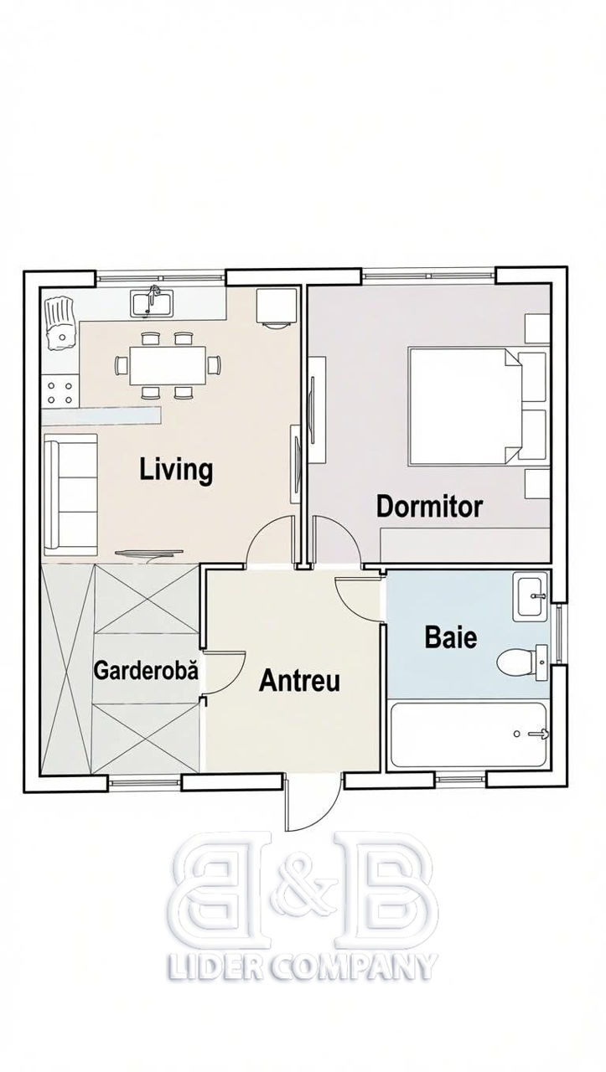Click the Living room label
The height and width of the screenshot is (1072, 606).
pos(176,470)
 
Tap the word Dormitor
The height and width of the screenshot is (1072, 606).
pos(429,507)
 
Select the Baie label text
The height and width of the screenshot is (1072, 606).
pos(451,637)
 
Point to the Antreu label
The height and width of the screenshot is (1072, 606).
pos(299,681)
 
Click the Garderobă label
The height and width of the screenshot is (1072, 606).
pos(146,670)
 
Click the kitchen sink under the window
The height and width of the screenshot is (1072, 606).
pos(150,304)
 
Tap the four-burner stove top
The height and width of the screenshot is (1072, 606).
pos(60,392)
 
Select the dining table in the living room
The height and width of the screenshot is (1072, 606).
pos(168,366)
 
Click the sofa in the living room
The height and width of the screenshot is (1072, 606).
pos(71,494)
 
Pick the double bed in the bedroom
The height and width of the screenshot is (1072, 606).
pos(464,407)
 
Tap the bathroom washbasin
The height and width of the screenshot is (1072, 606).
pos(531,595)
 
